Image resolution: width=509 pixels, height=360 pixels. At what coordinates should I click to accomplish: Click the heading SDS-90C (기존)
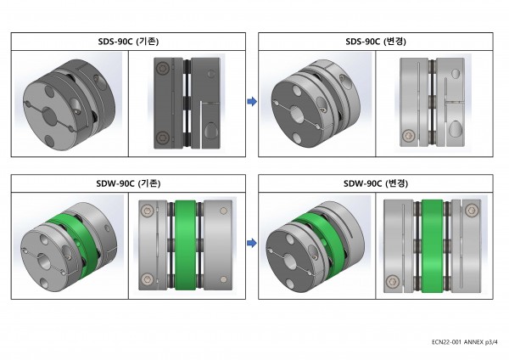click(x=128, y=42)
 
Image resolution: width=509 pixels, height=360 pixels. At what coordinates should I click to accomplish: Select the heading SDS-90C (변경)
click(x=376, y=42)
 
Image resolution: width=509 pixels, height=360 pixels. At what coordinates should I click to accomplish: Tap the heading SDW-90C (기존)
click(x=128, y=183)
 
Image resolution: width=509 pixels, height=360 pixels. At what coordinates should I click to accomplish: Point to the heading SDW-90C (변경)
click(x=376, y=183)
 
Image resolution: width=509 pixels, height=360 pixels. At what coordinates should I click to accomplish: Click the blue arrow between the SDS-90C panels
click(x=252, y=101)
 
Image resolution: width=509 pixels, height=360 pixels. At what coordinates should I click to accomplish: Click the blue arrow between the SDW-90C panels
click(x=252, y=243)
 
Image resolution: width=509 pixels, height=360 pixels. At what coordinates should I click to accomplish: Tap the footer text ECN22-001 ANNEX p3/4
click(x=464, y=342)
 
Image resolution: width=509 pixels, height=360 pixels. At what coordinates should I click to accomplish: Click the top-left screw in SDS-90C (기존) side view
click(x=162, y=69)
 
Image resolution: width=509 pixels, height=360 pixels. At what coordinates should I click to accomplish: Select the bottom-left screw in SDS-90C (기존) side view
click(x=162, y=138)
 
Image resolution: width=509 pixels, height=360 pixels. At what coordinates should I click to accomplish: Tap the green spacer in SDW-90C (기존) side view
click(x=185, y=245)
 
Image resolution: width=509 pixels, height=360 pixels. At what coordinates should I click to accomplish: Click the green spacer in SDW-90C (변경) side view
click(x=433, y=246)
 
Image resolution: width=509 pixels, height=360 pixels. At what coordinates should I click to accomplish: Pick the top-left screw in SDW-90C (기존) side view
click(x=147, y=211)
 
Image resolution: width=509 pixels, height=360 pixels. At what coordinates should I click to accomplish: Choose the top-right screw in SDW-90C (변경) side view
click(x=472, y=211)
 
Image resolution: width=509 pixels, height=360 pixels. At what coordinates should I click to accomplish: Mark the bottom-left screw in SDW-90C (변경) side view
click(x=393, y=281)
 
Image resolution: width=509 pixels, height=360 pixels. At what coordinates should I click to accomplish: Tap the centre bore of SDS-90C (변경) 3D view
click(x=298, y=115)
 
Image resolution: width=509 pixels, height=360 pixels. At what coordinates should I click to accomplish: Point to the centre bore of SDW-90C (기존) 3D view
click(x=44, y=261)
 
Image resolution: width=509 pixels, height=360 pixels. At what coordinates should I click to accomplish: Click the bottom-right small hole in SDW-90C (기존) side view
click(x=224, y=279)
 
